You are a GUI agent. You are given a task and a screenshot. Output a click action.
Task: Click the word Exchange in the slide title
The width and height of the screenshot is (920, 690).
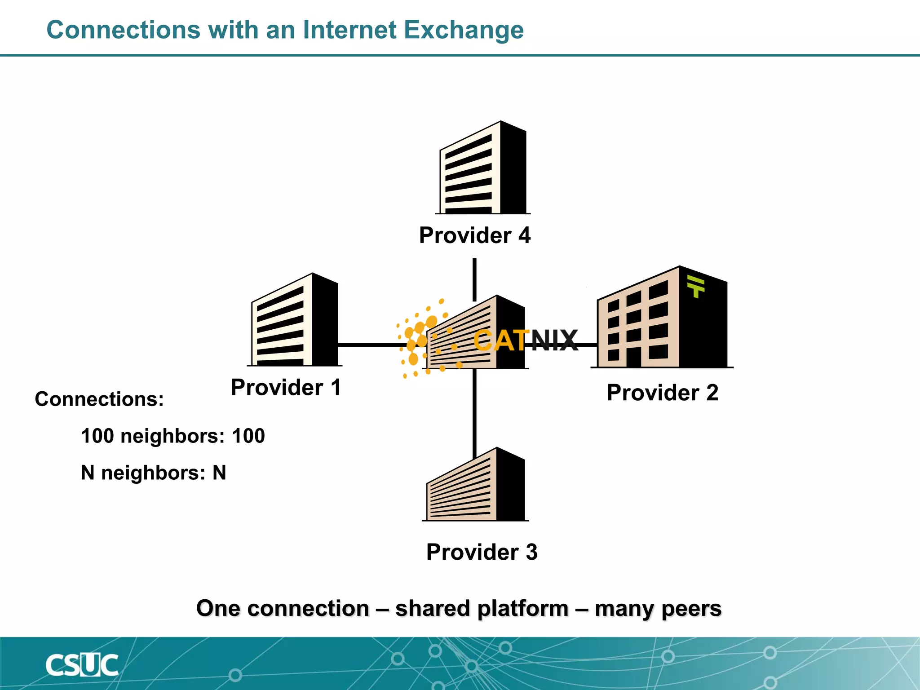point(464,31)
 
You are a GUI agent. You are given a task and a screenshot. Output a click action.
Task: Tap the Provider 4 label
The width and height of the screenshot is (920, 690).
point(474,235)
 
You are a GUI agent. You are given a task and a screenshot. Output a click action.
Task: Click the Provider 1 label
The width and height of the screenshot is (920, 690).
point(286,387)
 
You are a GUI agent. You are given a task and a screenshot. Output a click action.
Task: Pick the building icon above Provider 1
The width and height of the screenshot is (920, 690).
point(295,321)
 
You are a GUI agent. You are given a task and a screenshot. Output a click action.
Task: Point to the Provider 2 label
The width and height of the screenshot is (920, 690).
point(662,393)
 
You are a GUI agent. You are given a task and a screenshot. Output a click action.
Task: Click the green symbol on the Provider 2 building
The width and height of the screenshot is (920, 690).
point(696,287)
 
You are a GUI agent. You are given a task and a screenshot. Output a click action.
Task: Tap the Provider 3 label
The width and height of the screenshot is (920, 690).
point(482,552)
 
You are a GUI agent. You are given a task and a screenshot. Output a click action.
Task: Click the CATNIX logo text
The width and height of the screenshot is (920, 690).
point(526,341)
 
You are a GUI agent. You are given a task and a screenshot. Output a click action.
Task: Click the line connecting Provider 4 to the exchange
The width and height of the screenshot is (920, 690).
point(474,279)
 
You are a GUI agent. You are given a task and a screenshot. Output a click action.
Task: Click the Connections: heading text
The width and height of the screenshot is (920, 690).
point(99,399)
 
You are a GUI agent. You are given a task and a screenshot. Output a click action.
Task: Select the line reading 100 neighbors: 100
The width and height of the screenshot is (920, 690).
point(173,436)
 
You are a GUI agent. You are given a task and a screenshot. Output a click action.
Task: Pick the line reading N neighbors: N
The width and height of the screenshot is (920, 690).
point(153,473)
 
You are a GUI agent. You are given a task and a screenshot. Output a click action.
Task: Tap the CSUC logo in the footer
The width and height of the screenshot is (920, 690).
point(82,665)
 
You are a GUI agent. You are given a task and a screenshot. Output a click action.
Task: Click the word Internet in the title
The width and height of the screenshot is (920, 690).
point(349,31)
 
